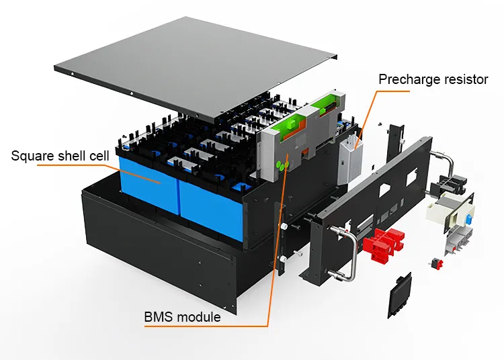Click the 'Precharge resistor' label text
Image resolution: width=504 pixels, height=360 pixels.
(x=433, y=79)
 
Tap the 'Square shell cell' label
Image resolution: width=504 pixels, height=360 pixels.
(x=60, y=156)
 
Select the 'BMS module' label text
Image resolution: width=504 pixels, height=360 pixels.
(x=182, y=316)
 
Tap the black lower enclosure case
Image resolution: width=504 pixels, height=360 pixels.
(x=168, y=255)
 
